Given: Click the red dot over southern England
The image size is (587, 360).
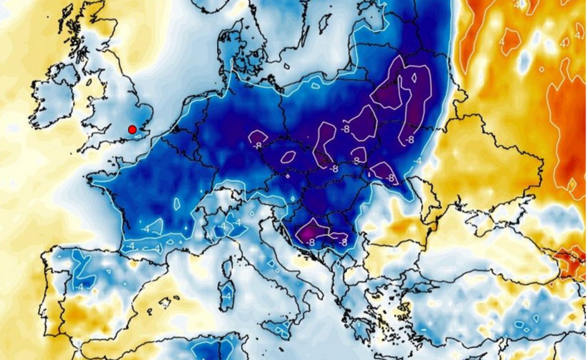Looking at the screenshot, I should point(132,129).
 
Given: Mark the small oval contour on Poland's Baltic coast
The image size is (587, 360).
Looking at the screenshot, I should point(315,86).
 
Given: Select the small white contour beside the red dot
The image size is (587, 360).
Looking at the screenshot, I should point(139,137).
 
